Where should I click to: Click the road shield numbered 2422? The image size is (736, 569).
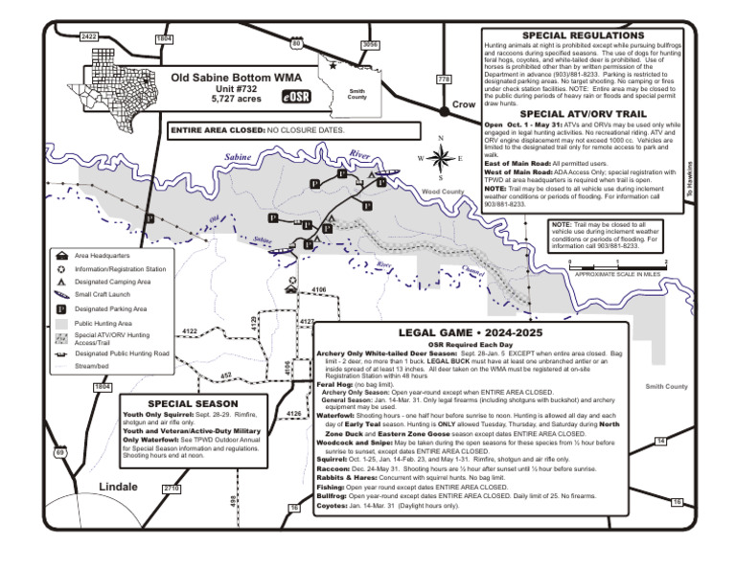(x=89, y=36)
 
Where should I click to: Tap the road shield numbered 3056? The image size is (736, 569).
(x=370, y=45)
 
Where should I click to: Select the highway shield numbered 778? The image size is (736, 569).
(x=444, y=79)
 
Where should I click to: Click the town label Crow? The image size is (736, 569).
(x=463, y=103)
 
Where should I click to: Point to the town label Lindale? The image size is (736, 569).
(x=119, y=487)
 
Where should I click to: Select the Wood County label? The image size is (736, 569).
(x=443, y=192)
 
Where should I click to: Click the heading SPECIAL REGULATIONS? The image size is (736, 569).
(x=582, y=34)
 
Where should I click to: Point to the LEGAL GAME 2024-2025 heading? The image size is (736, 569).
(x=471, y=332)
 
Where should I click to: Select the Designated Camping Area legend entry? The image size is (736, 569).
(x=112, y=283)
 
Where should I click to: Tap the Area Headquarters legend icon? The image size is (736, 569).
(x=61, y=256)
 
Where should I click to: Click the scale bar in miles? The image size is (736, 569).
(x=616, y=265)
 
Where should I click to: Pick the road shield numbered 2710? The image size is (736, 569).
(x=172, y=488)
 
